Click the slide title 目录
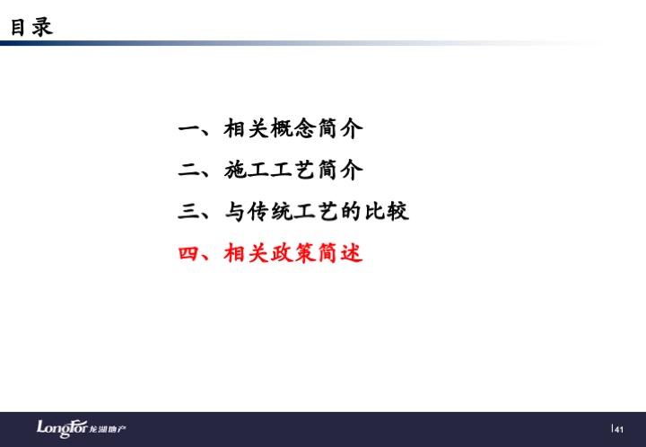31,27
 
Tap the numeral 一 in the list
188,129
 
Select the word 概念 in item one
292,128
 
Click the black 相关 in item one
247,128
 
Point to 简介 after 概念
340,128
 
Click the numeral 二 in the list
188,170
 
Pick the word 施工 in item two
247,170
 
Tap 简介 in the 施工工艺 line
340,170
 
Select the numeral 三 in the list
188,211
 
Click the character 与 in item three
235,211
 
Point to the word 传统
270,211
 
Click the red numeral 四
188,253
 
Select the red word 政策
292,253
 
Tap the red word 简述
340,253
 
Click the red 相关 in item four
247,253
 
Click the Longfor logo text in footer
62,428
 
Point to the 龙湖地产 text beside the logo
108,429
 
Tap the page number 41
619,430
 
